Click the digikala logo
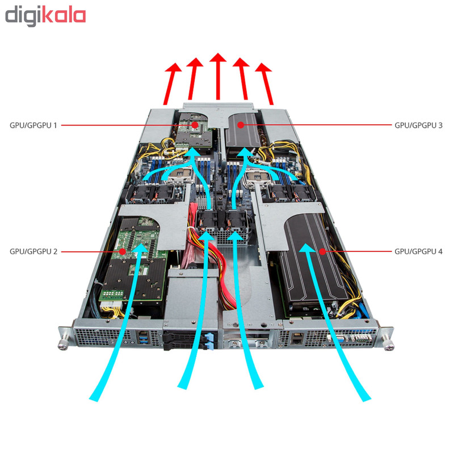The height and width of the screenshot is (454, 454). [x=45, y=16]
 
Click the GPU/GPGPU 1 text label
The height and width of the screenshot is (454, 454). [x=33, y=125]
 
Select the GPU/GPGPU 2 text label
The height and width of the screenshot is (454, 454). [x=33, y=251]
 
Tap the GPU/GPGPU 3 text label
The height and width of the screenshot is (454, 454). [x=418, y=125]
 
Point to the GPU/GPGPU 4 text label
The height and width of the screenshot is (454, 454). [x=418, y=251]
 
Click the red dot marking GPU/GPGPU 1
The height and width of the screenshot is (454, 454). [x=195, y=125]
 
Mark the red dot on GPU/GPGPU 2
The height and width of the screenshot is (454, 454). [x=123, y=251]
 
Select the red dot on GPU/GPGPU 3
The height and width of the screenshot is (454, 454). [x=241, y=125]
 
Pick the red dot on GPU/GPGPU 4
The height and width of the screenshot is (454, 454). [x=322, y=251]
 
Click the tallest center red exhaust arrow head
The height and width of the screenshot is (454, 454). [x=218, y=57]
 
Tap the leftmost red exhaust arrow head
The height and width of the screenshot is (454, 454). [x=174, y=67]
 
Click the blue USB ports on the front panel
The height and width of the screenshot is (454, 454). [x=144, y=339]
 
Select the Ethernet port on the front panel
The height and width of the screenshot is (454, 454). [x=297, y=338]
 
